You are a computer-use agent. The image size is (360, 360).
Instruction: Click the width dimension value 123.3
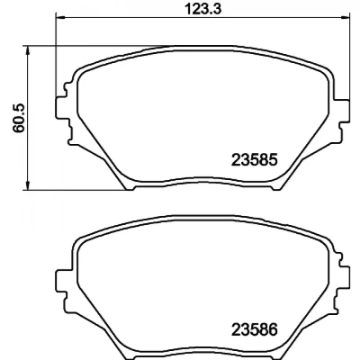coord(203,9)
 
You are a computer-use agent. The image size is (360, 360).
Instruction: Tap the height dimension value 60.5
coord(19,119)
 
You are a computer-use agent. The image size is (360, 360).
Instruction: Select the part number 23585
coord(254,160)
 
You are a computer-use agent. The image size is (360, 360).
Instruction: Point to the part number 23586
coord(254,330)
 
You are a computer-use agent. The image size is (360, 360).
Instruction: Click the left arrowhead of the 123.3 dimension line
coord(59,16)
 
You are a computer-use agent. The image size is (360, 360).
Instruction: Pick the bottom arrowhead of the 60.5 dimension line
coord(28,185)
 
